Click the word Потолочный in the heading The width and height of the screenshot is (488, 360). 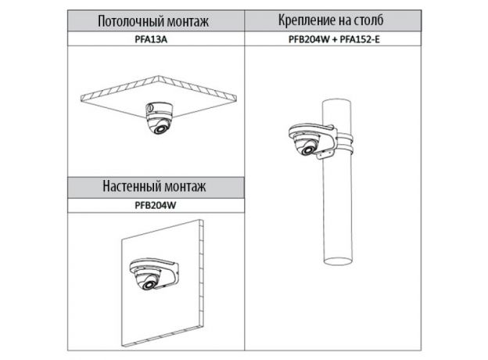[x=131, y=21]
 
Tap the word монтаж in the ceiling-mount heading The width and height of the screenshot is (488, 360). [x=188, y=21]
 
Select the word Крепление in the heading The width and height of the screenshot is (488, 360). [x=304, y=20]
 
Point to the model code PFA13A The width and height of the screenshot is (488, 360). [x=151, y=39]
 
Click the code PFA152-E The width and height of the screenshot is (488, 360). [x=360, y=39]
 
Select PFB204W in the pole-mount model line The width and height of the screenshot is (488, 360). [x=309, y=39]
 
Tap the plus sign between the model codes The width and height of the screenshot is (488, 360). [x=334, y=40]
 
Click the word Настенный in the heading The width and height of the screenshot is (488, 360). [x=131, y=186]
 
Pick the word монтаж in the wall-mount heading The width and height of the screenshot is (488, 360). [x=185, y=186]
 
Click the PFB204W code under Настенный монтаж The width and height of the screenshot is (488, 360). [x=156, y=205]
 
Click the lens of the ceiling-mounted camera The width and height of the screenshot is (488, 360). [x=160, y=128]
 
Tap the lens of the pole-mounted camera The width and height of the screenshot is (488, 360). [x=308, y=149]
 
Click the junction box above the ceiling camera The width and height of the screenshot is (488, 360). [x=159, y=109]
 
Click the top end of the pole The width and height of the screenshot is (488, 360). [x=336, y=103]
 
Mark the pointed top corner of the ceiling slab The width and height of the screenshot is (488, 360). [x=159, y=76]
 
